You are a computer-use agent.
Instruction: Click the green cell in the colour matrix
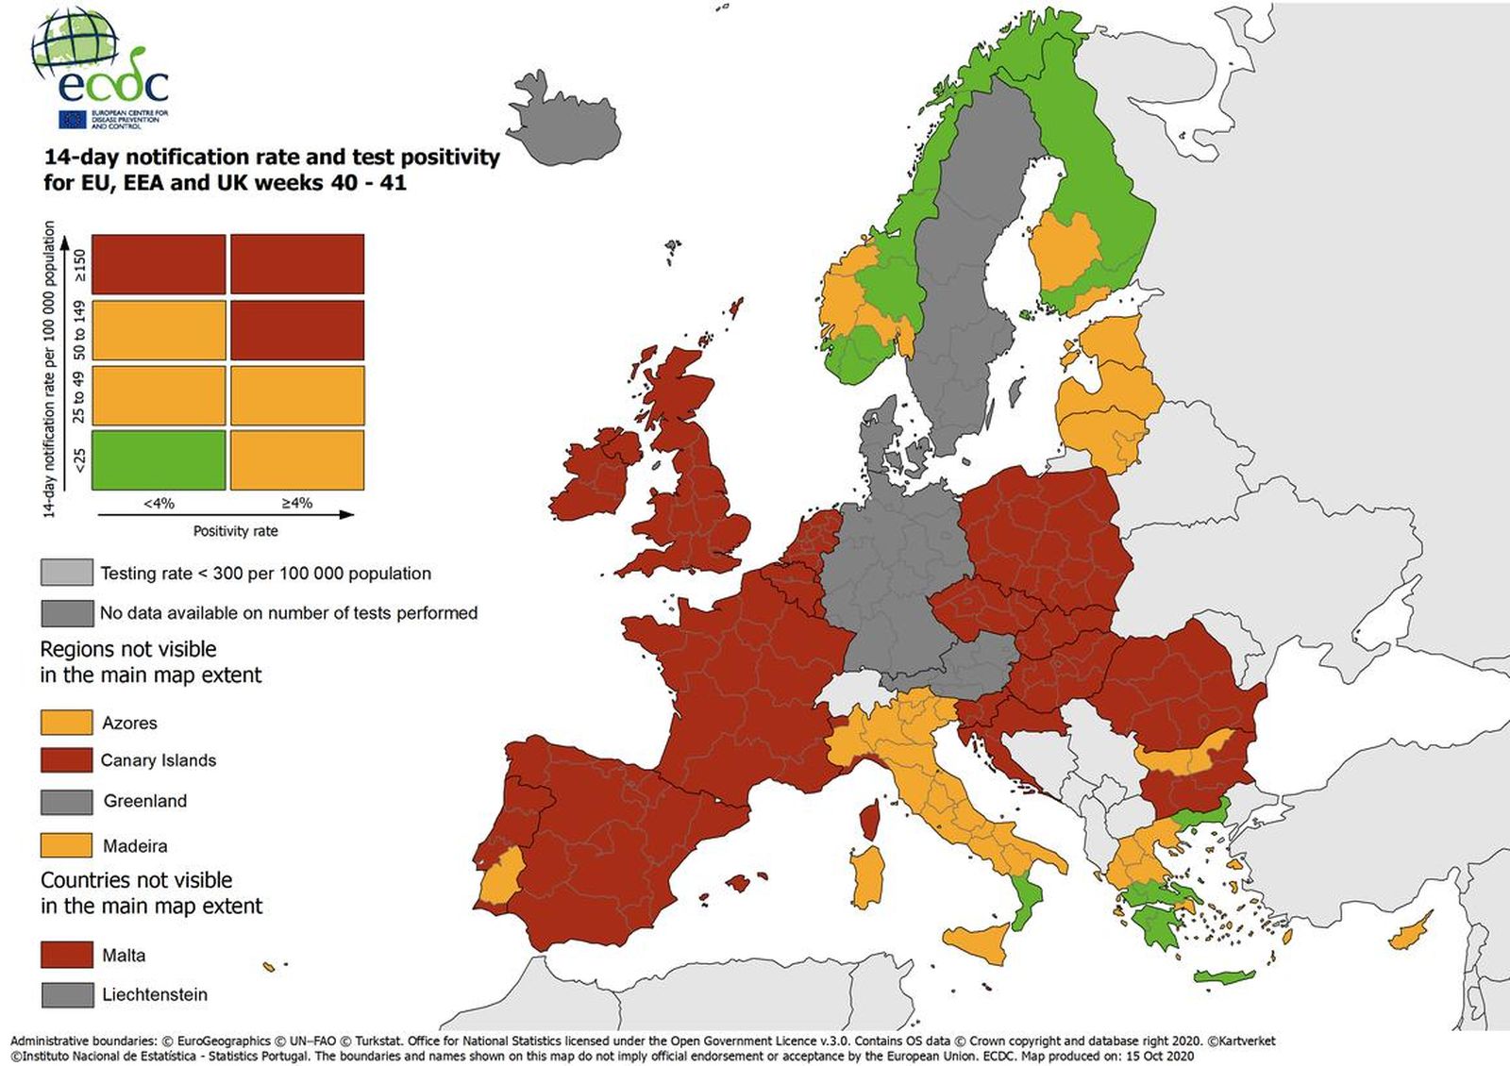coord(159,459)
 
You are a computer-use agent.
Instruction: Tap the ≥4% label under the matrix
coord(296,504)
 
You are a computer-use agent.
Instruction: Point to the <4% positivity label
coord(159,504)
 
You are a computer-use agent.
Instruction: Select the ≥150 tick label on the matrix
coord(80,265)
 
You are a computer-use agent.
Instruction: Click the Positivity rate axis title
coord(235,531)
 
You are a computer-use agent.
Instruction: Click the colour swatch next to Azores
coord(66,723)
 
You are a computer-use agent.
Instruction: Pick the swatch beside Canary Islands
coord(66,760)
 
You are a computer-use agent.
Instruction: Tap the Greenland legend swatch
coord(66,801)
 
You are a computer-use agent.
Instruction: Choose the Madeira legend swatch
coord(66,845)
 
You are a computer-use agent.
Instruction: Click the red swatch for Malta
coord(66,955)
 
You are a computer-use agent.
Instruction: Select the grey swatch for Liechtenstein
coord(66,994)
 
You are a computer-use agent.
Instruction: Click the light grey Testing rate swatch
coord(66,573)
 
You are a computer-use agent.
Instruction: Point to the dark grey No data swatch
coord(66,613)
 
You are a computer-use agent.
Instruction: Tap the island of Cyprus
coord(1408,935)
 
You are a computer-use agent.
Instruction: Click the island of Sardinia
coord(867,877)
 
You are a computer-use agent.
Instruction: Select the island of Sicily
coord(977,941)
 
